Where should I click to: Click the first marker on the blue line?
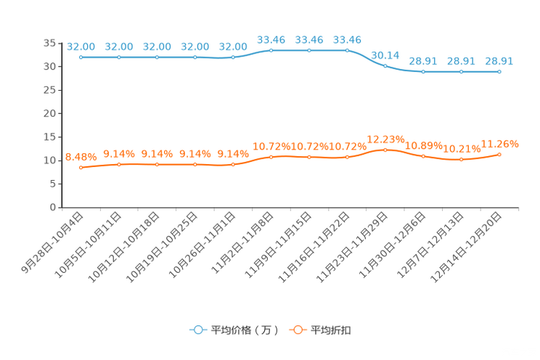(x=81, y=57)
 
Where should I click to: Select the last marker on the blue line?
(x=499, y=72)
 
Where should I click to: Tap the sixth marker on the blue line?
(x=271, y=50)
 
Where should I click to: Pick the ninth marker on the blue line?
(x=385, y=65)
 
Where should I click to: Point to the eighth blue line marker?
(x=347, y=50)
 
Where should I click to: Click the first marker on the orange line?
(x=81, y=167)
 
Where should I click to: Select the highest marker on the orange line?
(x=385, y=150)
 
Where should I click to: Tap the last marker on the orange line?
(x=499, y=154)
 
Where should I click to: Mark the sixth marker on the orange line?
(x=271, y=157)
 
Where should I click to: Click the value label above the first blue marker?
(x=81, y=46)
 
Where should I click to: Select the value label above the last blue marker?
(x=499, y=61)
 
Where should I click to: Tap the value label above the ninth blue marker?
(x=385, y=54)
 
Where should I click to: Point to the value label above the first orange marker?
(x=81, y=156)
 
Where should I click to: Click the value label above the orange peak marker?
(x=385, y=138)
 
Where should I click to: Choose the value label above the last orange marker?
(x=499, y=143)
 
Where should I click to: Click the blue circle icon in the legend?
(x=197, y=330)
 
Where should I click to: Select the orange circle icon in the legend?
(x=296, y=330)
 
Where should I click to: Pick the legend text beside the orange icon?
(x=332, y=330)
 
